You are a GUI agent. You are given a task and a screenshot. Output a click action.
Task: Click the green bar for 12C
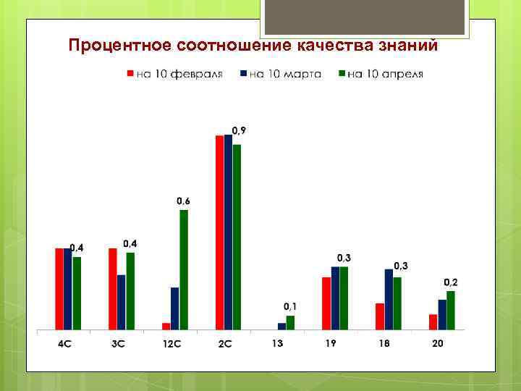(x=184, y=269)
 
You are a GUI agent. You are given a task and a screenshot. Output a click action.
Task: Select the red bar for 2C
(x=219, y=232)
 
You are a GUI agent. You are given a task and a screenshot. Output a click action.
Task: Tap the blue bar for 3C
(x=122, y=302)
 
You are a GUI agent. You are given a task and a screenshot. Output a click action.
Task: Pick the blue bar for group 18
(x=389, y=299)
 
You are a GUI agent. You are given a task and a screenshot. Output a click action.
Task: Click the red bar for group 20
(x=433, y=321)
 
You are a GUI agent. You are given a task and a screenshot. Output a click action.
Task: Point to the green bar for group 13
(x=290, y=322)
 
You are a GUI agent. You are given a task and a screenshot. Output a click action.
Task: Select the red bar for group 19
(x=326, y=303)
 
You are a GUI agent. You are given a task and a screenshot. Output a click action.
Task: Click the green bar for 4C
(x=77, y=293)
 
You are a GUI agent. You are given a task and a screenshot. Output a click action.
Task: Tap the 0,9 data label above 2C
(x=238, y=130)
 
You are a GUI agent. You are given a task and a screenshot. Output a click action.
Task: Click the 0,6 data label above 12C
(x=184, y=201)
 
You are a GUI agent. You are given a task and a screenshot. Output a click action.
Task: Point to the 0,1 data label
(x=290, y=306)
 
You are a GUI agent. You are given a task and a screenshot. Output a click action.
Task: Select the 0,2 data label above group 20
(x=450, y=282)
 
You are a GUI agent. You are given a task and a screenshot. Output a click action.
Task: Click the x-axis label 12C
(x=171, y=343)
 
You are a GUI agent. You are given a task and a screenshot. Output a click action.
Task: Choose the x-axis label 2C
(x=224, y=343)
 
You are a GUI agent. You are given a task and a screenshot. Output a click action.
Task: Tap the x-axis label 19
(x=331, y=343)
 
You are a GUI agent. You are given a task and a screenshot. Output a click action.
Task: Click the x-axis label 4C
(x=65, y=343)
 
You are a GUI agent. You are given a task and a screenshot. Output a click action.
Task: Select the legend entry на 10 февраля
(x=174, y=74)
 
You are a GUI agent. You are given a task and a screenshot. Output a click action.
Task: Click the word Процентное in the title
(x=119, y=46)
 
